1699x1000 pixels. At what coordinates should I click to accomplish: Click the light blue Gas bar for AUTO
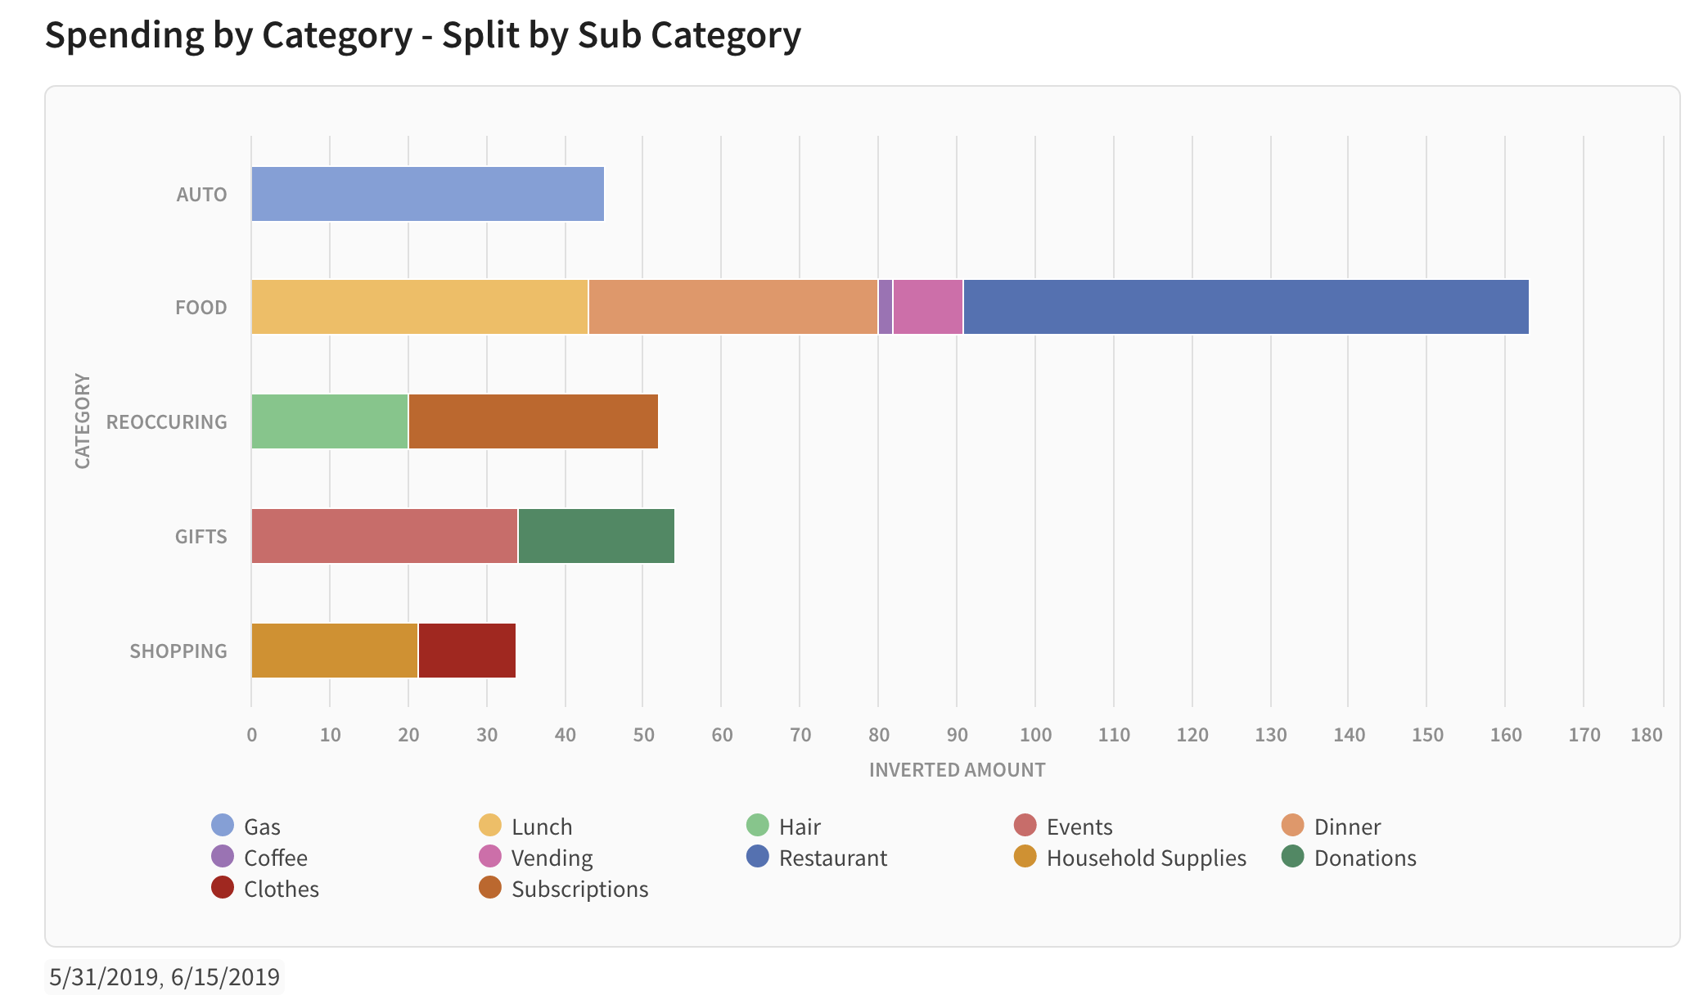tap(427, 194)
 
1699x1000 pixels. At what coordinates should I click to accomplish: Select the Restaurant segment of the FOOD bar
tap(1246, 307)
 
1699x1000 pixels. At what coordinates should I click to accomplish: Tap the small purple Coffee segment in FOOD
tap(886, 307)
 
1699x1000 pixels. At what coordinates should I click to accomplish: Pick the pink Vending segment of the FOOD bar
tap(928, 307)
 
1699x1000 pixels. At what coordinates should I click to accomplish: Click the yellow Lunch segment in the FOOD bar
tap(419, 307)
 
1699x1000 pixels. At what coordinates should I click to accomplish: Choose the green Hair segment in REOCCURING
tap(329, 421)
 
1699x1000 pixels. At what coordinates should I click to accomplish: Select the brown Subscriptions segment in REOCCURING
tap(533, 421)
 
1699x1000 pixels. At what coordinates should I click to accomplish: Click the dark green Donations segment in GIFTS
tap(596, 536)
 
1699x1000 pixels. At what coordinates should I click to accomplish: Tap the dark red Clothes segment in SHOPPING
tap(466, 651)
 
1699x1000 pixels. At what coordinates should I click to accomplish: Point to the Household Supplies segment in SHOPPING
tap(334, 651)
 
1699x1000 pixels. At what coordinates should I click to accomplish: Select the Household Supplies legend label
tap(1146, 858)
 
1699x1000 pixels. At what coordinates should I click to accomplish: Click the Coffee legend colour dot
tap(223, 857)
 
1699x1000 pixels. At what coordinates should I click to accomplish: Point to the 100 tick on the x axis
tap(1035, 735)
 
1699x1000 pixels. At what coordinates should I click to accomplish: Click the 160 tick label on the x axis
tap(1506, 735)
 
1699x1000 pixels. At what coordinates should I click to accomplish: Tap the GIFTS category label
tap(201, 537)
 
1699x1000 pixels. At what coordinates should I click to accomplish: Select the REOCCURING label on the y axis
tap(167, 422)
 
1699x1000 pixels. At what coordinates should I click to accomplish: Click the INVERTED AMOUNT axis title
tap(957, 770)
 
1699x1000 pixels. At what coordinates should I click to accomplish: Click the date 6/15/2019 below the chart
tap(225, 976)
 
